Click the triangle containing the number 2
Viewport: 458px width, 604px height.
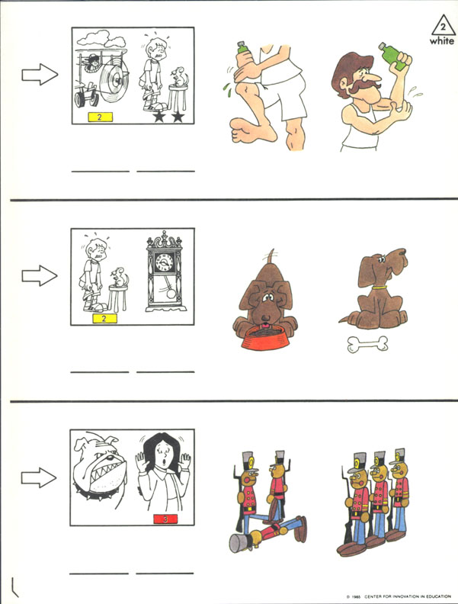[443, 25]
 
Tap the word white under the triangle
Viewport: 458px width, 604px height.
[442, 40]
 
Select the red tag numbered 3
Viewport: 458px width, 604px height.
[165, 519]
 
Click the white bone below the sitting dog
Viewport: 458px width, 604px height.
[367, 344]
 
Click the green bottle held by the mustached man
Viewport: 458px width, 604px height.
[393, 56]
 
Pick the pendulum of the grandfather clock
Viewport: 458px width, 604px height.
[168, 291]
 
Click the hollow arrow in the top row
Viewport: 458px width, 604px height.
[40, 74]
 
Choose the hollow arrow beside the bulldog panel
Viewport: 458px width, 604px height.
[39, 477]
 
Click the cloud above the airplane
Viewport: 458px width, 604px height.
[101, 39]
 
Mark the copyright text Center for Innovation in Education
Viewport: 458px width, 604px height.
[408, 596]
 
